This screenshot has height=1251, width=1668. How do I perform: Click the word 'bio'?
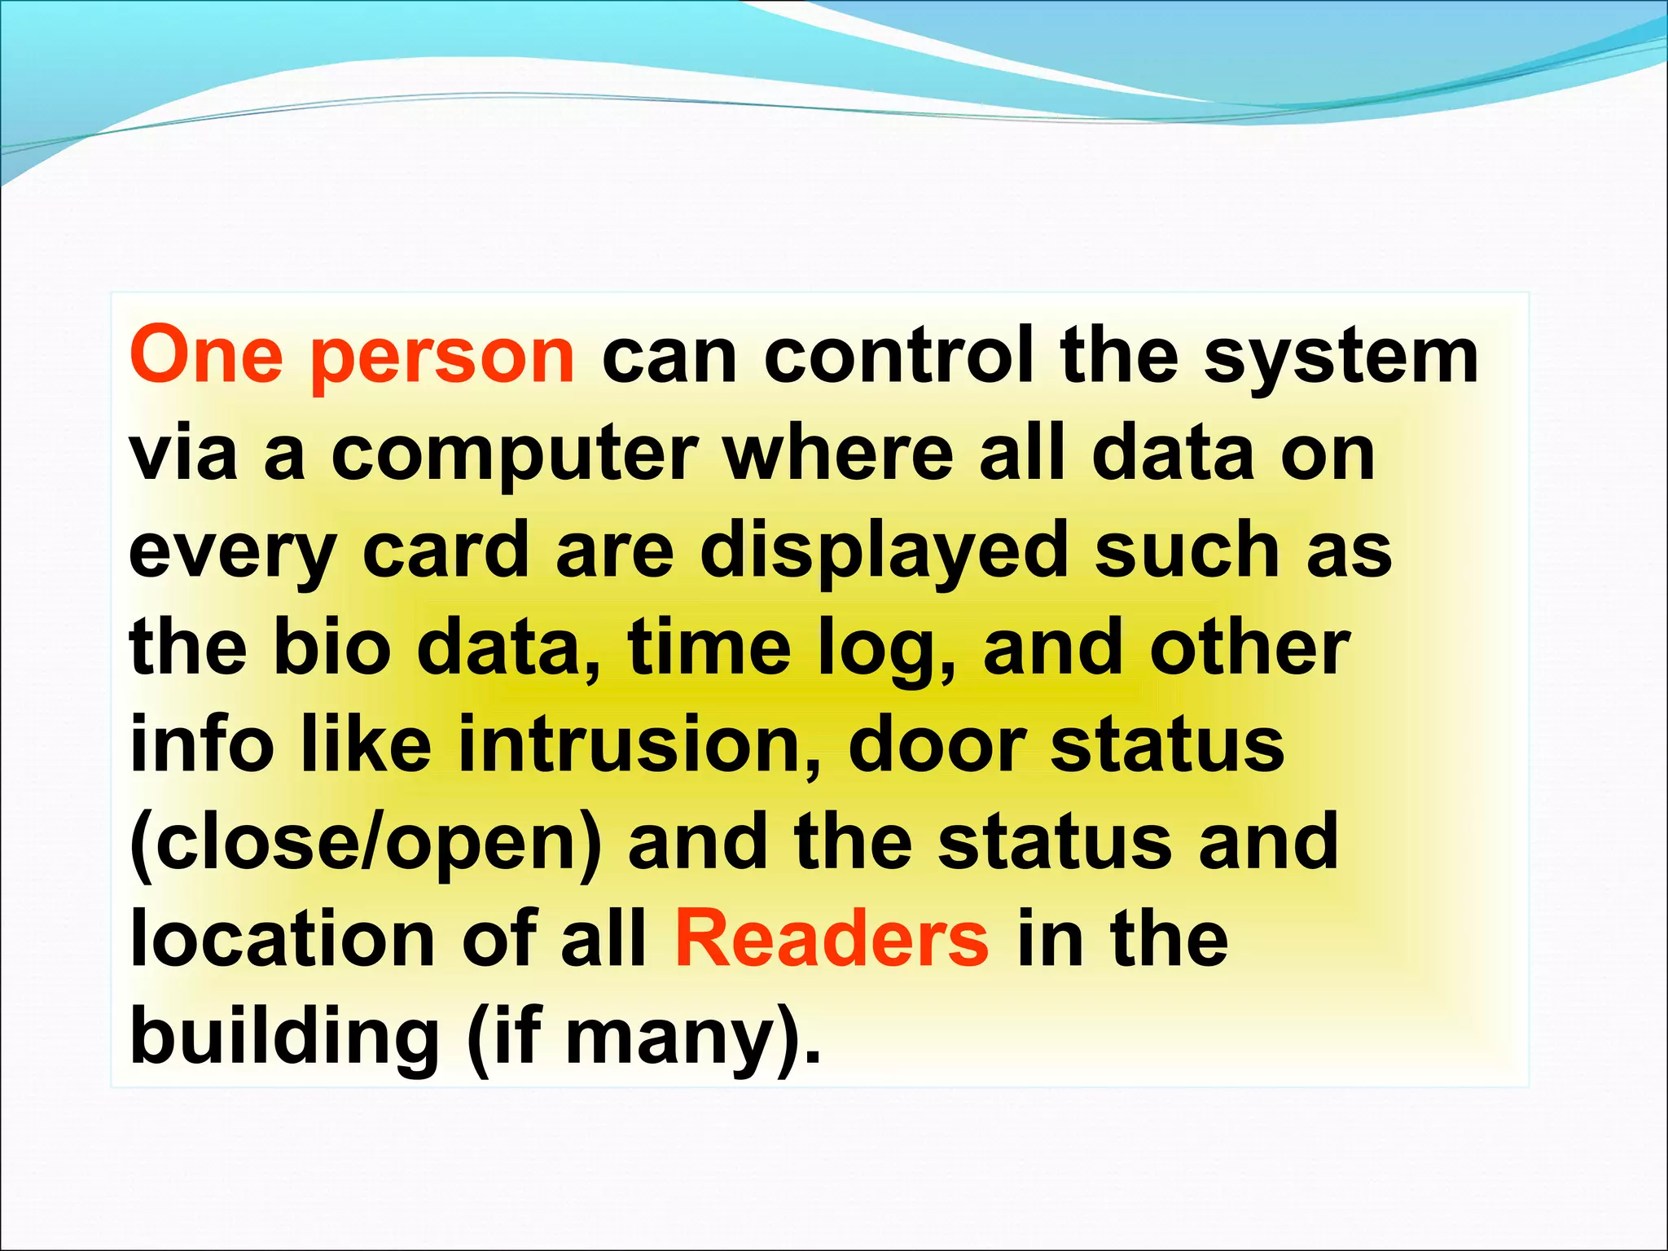(331, 647)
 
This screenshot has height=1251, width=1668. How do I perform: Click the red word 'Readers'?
(832, 938)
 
